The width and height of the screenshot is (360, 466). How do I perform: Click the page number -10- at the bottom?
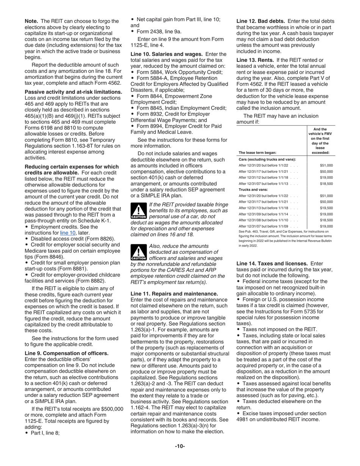180,446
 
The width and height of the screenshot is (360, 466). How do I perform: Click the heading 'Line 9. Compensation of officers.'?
66,353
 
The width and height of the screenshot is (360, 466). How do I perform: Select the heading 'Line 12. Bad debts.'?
260,21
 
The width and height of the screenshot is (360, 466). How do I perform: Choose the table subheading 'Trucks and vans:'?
253,189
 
